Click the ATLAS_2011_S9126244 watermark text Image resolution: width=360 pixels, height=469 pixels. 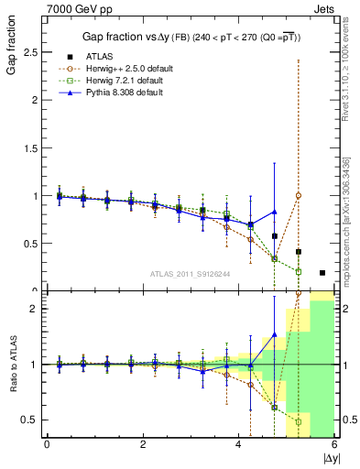click(x=189, y=273)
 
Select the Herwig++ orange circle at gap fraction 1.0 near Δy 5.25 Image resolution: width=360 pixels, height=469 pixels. click(x=298, y=195)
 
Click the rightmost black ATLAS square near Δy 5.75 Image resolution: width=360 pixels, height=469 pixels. click(x=322, y=272)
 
